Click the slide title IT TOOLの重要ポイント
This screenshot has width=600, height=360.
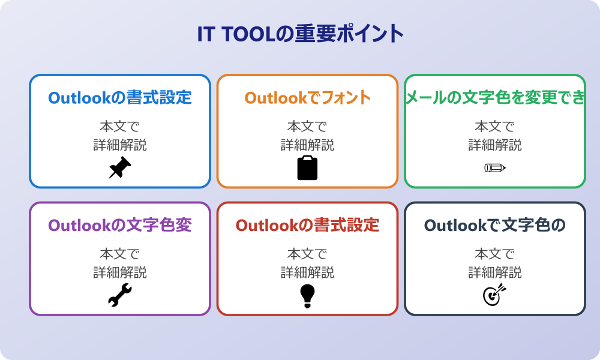[x=301, y=33]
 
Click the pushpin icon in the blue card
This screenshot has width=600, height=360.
[x=120, y=167]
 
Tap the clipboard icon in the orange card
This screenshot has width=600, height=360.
[x=307, y=167]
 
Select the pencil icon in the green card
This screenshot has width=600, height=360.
[x=495, y=167]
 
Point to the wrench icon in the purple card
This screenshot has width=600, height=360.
[x=120, y=295]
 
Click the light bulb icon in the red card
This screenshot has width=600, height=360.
[x=307, y=296]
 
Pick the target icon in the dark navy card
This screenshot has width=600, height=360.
[x=495, y=295]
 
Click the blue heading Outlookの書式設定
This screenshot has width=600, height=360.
[x=120, y=98]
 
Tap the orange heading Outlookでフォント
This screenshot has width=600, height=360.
[x=308, y=98]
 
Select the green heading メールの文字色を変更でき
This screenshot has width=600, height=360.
[x=495, y=98]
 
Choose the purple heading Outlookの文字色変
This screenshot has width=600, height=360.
[x=120, y=225]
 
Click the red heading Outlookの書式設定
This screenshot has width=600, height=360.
[x=307, y=225]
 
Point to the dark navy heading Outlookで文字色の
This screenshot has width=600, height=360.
[x=495, y=225]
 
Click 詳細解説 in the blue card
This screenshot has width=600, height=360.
[x=120, y=145]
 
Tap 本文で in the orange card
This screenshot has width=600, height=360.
[x=307, y=126]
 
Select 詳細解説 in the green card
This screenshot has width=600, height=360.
[x=495, y=145]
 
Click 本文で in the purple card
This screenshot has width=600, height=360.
[x=120, y=254]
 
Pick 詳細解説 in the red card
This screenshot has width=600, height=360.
[x=307, y=272]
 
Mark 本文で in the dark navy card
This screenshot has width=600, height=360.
[x=495, y=254]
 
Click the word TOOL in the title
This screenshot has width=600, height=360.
[x=248, y=34]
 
